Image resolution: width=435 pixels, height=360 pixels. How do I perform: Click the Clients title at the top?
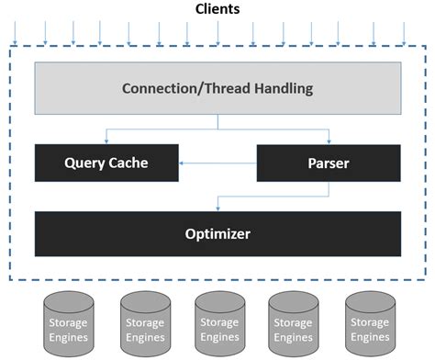(217, 9)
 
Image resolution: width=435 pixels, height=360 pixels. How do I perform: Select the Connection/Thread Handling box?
(217, 89)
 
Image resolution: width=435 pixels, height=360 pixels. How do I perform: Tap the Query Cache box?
(106, 163)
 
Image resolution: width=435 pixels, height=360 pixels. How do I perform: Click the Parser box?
(328, 163)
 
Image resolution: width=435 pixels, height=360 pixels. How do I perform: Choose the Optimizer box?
(217, 233)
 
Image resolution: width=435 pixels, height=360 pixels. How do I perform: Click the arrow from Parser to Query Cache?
(217, 163)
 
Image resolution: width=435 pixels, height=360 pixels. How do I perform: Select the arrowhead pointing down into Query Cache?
(106, 141)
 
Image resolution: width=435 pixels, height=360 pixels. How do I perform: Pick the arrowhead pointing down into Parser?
(328, 141)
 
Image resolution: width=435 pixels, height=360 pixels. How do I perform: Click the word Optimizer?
(217, 233)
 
